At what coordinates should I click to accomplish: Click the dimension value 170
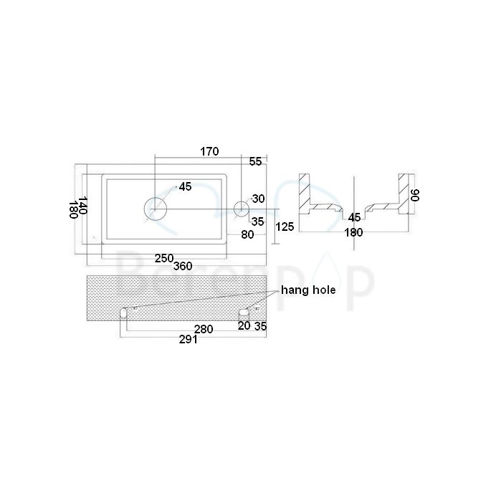[x=209, y=151]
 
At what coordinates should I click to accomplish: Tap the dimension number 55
[x=255, y=162]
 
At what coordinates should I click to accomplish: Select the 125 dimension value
[x=285, y=227]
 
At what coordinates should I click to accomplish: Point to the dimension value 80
[x=247, y=234]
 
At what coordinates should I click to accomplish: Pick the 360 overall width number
[x=183, y=267]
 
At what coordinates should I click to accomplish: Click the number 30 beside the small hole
[x=259, y=199]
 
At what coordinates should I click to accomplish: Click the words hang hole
[x=309, y=290]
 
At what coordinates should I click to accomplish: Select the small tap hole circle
[x=242, y=209]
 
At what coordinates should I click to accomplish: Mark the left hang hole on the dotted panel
[x=123, y=313]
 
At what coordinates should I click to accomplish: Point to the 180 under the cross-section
[x=353, y=232]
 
